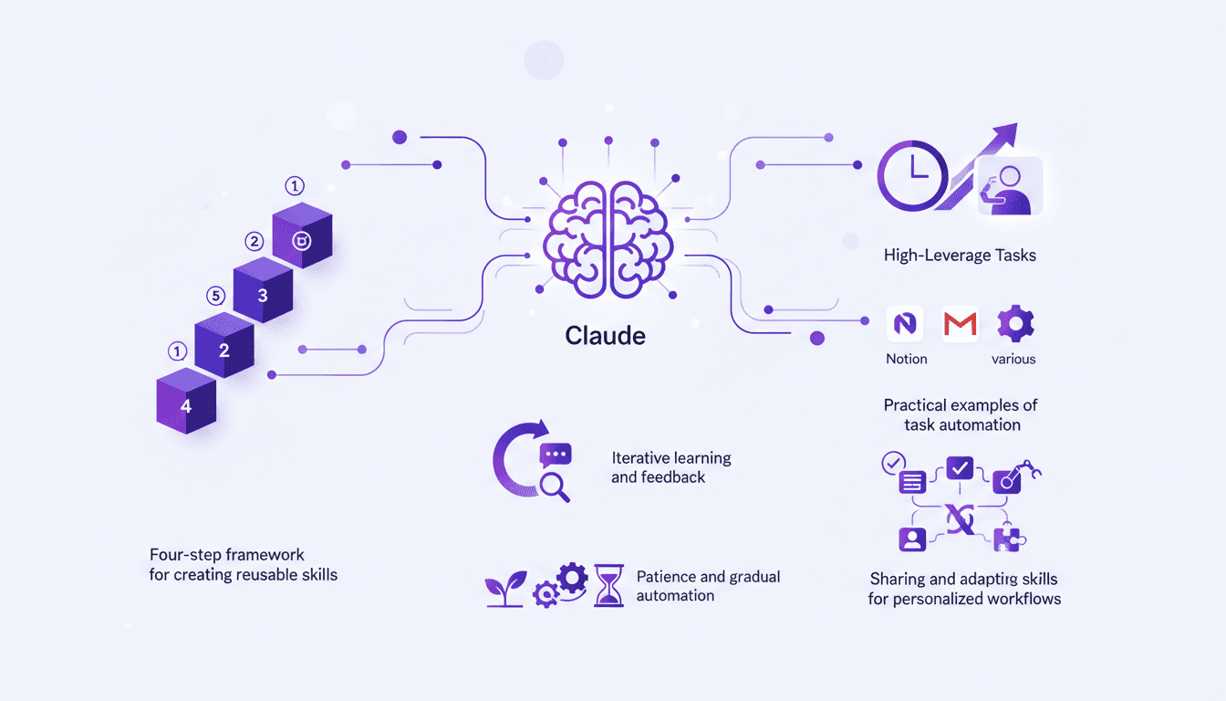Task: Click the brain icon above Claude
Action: click(608, 239)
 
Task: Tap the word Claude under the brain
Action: click(605, 335)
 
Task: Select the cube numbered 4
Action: click(186, 402)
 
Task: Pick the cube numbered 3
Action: click(263, 292)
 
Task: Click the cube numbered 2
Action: click(224, 347)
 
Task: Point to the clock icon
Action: click(912, 176)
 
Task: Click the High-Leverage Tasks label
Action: click(960, 256)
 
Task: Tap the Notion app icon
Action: click(905, 324)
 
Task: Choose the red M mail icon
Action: click(960, 324)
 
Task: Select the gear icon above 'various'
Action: click(1014, 324)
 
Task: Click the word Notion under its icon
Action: click(906, 359)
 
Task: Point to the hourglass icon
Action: click(607, 584)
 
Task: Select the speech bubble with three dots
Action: click(555, 454)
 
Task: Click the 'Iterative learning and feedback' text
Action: click(670, 467)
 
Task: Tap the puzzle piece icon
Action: click(1007, 539)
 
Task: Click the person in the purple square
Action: click(912, 539)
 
